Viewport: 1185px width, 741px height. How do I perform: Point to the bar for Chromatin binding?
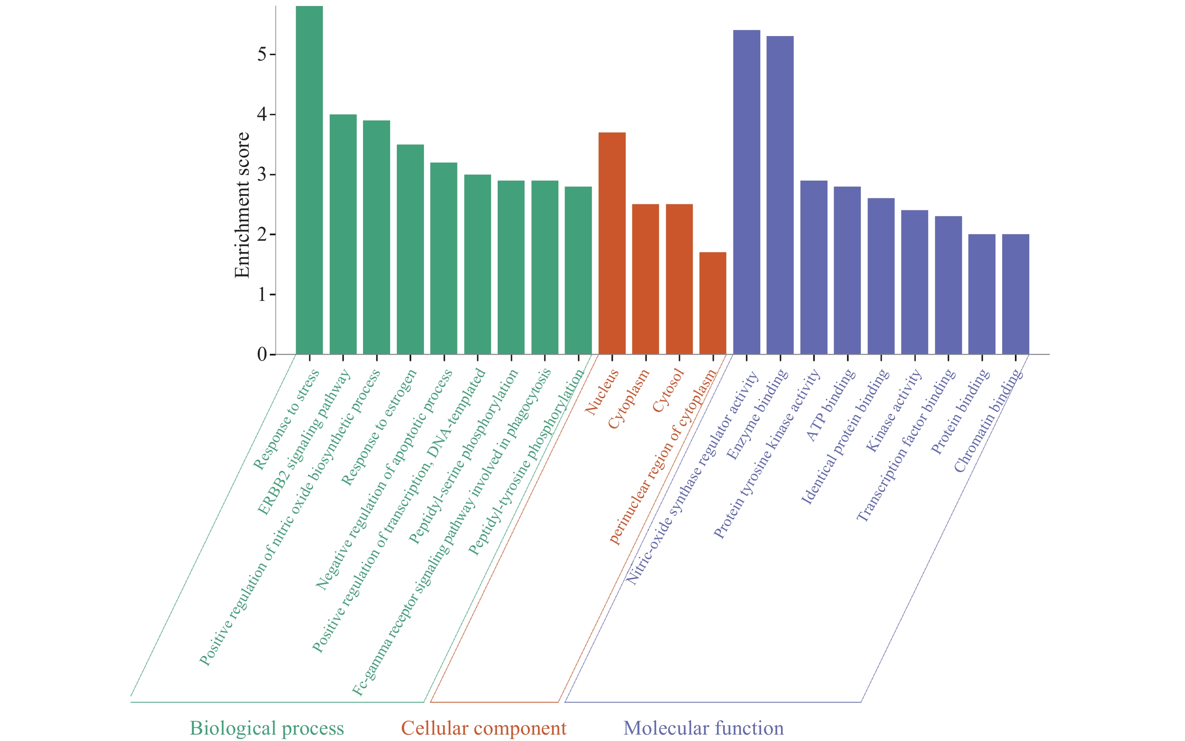(x=1015, y=294)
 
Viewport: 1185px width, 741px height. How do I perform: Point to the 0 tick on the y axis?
(x=262, y=354)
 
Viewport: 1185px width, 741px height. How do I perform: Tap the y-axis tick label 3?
(x=262, y=175)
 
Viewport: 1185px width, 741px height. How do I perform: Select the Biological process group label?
(x=267, y=728)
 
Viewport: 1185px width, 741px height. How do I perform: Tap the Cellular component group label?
(x=484, y=728)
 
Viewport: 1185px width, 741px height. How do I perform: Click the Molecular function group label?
(x=703, y=728)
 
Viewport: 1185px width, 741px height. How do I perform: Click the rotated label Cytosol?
(x=668, y=390)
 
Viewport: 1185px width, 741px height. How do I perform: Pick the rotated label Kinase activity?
(x=893, y=411)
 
